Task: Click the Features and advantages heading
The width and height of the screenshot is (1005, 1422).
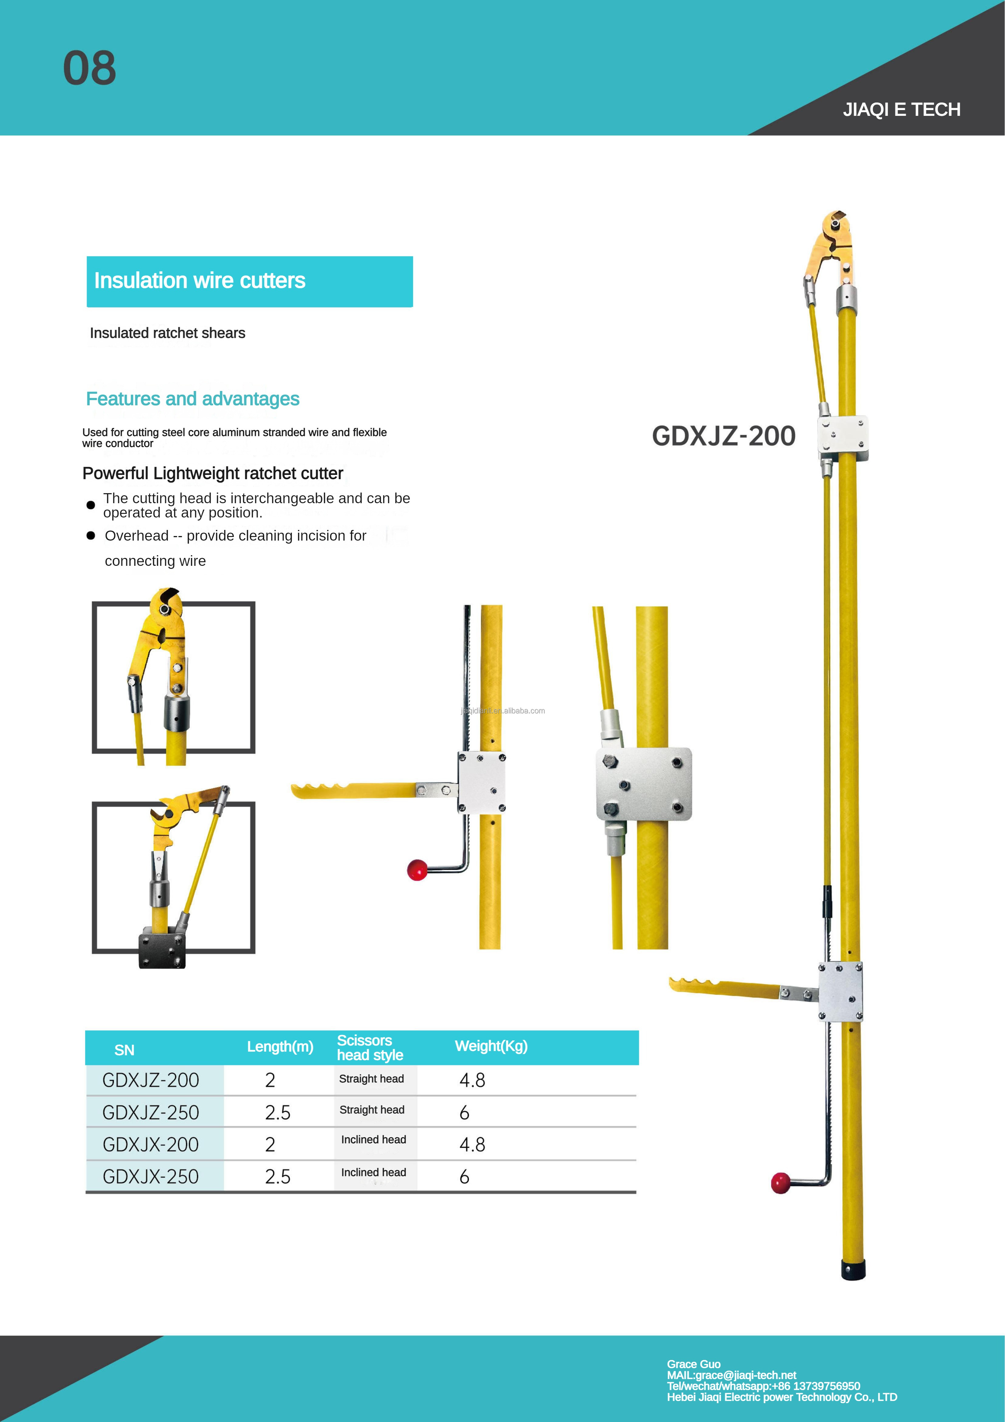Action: tap(193, 399)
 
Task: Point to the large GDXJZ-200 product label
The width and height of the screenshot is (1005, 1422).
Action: tap(723, 436)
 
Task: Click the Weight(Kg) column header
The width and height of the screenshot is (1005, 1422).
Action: tap(491, 1046)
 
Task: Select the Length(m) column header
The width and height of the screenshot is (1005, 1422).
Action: tap(280, 1047)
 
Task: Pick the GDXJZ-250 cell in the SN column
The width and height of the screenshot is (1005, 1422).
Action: tap(150, 1112)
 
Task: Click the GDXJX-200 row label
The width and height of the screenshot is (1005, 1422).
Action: tap(150, 1144)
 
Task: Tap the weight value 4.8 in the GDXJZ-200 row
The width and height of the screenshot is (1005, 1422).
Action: tap(472, 1080)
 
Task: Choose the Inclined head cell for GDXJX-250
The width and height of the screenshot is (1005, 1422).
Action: tap(373, 1172)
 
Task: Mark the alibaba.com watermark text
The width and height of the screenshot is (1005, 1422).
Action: tap(503, 711)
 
